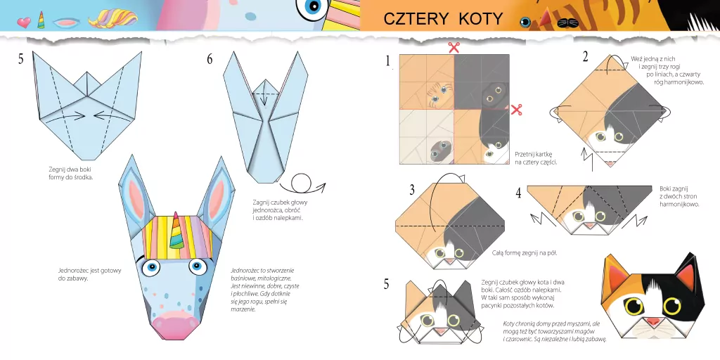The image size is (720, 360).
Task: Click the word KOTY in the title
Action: (x=480, y=19)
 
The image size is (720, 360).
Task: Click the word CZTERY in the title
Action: (x=416, y=19)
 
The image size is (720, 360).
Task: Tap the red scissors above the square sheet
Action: (x=454, y=48)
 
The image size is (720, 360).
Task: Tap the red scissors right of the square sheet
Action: (x=517, y=109)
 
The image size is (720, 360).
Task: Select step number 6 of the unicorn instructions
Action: (x=210, y=60)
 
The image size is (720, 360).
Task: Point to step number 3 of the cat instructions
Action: (x=413, y=189)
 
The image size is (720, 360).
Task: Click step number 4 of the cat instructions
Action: (x=518, y=193)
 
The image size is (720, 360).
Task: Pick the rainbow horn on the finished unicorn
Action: (x=177, y=235)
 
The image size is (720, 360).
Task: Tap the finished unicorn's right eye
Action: (x=198, y=266)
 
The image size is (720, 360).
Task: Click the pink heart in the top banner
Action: (x=24, y=22)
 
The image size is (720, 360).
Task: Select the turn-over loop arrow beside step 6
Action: (x=306, y=184)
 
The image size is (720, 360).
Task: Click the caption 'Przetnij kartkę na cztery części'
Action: (x=536, y=157)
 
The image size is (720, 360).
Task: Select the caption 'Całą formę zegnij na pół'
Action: (x=520, y=252)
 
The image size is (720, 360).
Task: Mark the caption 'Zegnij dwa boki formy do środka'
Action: (x=70, y=173)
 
